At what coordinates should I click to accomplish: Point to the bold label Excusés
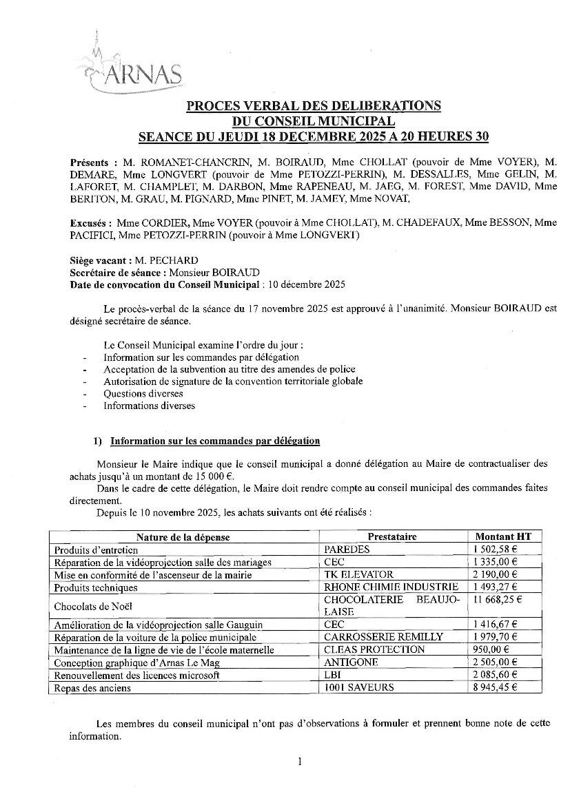coord(90,222)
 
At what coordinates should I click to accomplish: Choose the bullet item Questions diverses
coord(143,393)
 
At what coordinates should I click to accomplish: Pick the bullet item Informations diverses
coord(149,406)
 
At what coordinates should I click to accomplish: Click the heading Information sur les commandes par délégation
coord(215,441)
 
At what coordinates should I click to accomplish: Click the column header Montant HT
coord(504,536)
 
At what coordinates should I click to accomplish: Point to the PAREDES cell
coord(347,550)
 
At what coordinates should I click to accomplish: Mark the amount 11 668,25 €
coord(503,599)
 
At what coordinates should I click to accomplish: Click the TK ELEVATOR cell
coord(358,574)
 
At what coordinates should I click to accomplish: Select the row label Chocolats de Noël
coord(93,606)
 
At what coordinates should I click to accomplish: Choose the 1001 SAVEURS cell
coord(359,687)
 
